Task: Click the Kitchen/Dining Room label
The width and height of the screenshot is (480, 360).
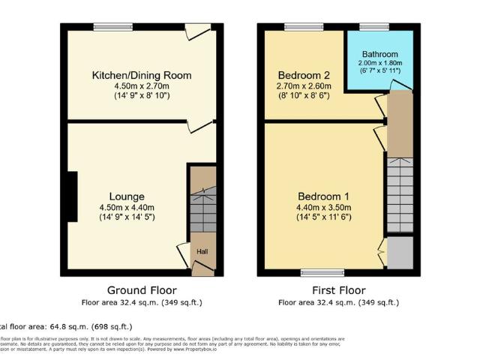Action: (142, 75)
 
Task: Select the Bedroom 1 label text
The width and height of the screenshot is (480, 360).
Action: (321, 196)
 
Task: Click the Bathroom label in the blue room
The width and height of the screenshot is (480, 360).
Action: (379, 55)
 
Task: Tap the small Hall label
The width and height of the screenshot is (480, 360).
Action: (202, 251)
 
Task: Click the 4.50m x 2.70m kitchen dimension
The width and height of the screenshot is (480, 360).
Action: (142, 86)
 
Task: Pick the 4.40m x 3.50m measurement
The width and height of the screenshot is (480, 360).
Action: (321, 208)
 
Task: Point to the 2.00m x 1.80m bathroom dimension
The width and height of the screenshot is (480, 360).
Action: (379, 64)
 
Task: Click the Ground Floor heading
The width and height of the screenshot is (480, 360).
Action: (142, 290)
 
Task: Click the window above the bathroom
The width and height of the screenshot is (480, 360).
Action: (369, 27)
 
